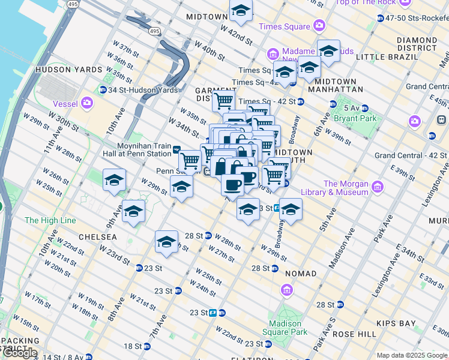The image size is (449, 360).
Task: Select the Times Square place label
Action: (285, 26)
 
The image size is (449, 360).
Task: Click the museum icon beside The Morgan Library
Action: (376, 187)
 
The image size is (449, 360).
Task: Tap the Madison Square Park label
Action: (285, 327)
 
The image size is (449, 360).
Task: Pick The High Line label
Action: (50, 220)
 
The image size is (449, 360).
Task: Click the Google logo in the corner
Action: (20, 353)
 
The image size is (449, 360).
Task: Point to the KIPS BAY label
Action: (394, 323)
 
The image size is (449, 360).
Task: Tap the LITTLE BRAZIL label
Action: (387, 56)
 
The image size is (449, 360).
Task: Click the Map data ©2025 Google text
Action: (403, 355)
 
